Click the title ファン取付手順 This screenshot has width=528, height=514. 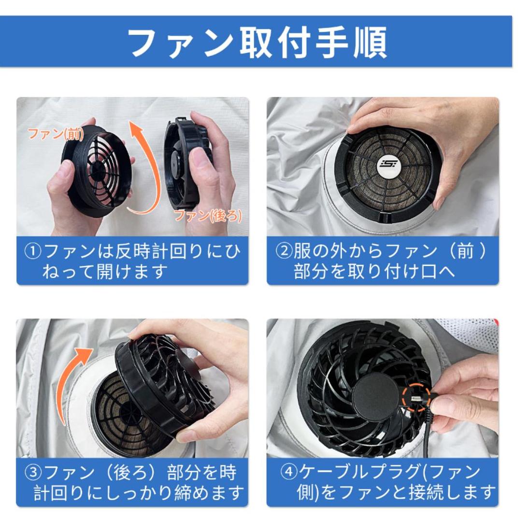point(258,42)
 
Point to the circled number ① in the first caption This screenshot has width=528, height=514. point(33,252)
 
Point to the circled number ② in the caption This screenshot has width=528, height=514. point(284,252)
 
